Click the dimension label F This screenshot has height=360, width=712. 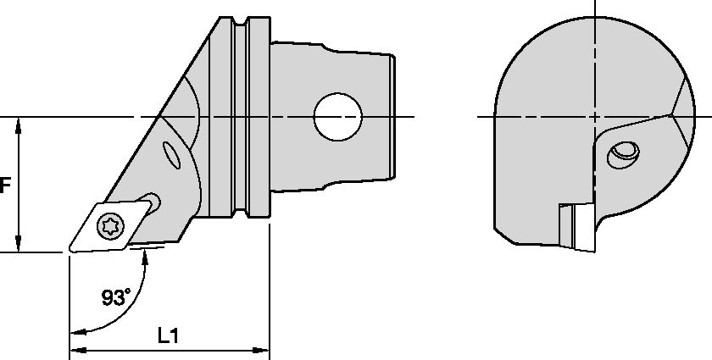[x=4, y=186]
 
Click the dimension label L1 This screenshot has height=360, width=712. [x=169, y=336]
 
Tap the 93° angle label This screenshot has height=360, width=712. [x=116, y=297]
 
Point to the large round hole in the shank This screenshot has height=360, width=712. [x=337, y=116]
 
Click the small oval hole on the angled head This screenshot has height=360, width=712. [x=172, y=157]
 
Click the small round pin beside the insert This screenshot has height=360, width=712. [x=152, y=200]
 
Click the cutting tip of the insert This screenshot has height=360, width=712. [x=70, y=251]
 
